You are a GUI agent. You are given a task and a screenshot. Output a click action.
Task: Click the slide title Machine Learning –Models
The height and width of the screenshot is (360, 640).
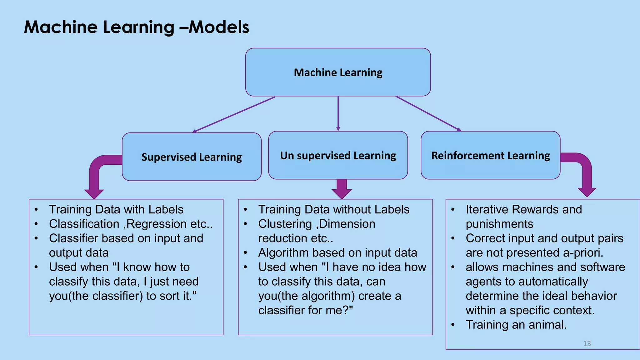pyautogui.click(x=137, y=27)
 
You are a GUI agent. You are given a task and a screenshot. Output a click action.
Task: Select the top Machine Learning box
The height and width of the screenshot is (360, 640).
pyautogui.click(x=338, y=72)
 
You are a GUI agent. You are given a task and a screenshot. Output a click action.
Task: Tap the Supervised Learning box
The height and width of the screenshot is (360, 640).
pyautogui.click(x=192, y=157)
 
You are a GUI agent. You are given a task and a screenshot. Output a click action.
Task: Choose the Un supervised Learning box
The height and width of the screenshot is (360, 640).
pyautogui.click(x=338, y=155)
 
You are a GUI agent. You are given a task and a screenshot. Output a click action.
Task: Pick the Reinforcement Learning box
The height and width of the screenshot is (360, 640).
pyautogui.click(x=490, y=155)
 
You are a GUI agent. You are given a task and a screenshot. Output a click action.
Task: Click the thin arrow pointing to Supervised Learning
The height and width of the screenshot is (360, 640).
pyautogui.click(x=234, y=115)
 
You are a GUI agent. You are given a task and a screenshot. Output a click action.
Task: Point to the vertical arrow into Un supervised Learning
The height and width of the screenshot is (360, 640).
pyautogui.click(x=338, y=113)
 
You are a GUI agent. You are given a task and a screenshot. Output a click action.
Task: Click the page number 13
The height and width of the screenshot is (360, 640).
pyautogui.click(x=587, y=343)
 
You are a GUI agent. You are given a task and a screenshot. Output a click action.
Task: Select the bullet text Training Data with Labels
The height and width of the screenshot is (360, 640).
pyautogui.click(x=116, y=209)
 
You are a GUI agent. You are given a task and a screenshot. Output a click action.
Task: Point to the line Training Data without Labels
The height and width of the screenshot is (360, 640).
pyautogui.click(x=334, y=209)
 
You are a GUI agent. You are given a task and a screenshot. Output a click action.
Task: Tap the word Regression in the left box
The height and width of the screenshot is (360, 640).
pyautogui.click(x=157, y=224)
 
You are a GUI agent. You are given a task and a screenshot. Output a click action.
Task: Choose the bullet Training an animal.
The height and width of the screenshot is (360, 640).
pyautogui.click(x=516, y=325)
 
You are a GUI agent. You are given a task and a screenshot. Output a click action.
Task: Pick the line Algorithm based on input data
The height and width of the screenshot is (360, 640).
pyautogui.click(x=337, y=253)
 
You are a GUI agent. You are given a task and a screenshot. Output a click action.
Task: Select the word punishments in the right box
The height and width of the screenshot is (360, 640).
pyautogui.click(x=499, y=224)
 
